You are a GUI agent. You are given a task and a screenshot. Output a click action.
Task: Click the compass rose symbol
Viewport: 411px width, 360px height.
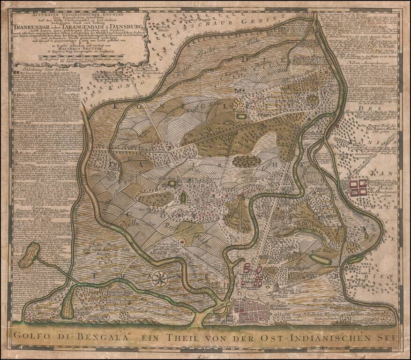[161, 278]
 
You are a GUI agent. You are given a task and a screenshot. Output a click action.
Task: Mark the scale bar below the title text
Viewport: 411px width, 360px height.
[75, 60]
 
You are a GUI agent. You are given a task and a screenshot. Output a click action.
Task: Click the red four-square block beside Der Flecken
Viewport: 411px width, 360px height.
[359, 187]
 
